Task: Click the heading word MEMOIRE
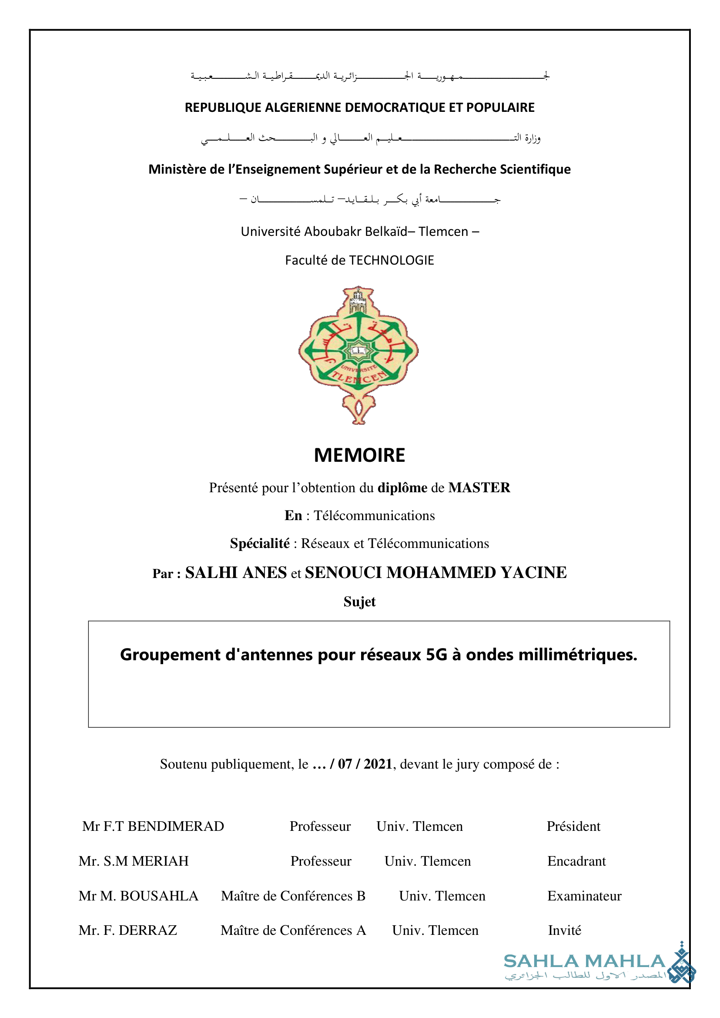tap(359, 456)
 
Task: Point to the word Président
tap(573, 826)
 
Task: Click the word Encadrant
tap(576, 861)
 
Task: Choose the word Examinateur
tap(584, 896)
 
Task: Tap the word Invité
tap(564, 930)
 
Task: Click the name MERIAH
tap(160, 861)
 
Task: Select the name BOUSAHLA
tap(159, 896)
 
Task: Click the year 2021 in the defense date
tap(378, 764)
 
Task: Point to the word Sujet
tap(359, 601)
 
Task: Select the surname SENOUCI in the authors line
tap(343, 573)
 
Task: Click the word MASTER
tap(479, 487)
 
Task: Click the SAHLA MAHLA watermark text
tap(584, 961)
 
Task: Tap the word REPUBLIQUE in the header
tap(223, 108)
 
